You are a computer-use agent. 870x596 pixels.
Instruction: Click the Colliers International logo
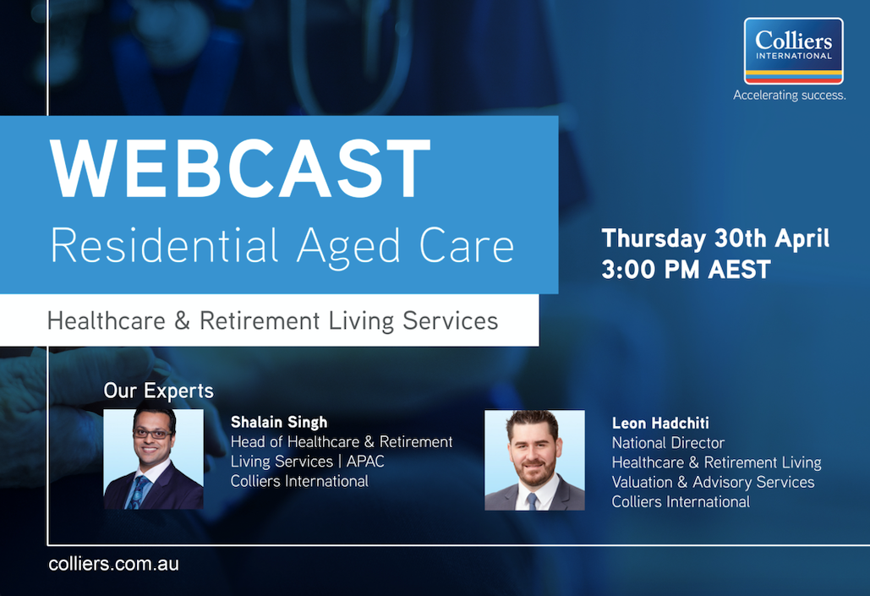pos(793,51)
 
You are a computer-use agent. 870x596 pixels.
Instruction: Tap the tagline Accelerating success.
pos(789,96)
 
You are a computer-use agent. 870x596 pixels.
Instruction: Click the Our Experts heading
pos(158,391)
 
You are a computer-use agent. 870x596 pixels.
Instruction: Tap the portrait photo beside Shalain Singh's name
pos(153,459)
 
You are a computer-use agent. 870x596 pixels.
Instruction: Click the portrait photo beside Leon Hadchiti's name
pos(534,460)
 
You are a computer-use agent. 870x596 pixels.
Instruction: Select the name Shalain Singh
pos(278,422)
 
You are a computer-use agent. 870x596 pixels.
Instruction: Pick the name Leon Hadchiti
pos(661,424)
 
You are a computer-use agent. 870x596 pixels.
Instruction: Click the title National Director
pos(668,443)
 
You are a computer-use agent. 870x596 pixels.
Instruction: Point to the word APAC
pos(365,462)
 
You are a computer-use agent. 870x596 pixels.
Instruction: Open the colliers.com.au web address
pos(113,564)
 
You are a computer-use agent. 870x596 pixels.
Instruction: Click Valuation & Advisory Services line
pos(713,482)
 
